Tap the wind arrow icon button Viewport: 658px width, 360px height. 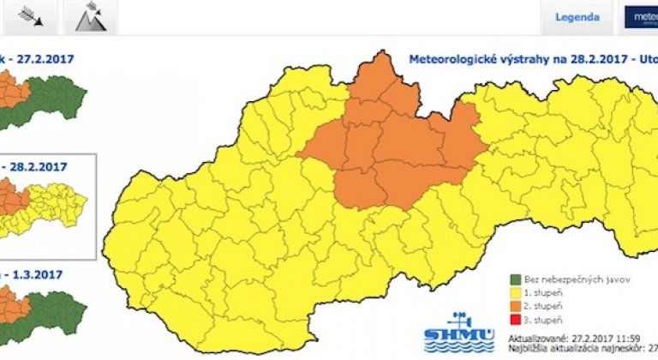click(30, 16)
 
